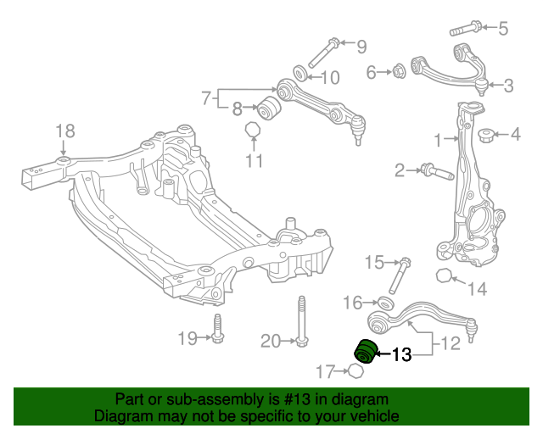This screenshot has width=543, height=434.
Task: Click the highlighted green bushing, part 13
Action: pyautogui.click(x=365, y=350)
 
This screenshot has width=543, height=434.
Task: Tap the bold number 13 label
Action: pyautogui.click(x=401, y=354)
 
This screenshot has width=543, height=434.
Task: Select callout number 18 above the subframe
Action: pyautogui.click(x=65, y=131)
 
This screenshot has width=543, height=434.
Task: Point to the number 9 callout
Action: pyautogui.click(x=361, y=46)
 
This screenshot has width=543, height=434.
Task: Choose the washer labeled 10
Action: pyautogui.click(x=301, y=70)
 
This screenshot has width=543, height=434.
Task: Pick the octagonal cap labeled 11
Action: pyautogui.click(x=252, y=131)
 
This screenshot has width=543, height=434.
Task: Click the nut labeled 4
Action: pyautogui.click(x=487, y=135)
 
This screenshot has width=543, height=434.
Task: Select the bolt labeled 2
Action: pyautogui.click(x=432, y=172)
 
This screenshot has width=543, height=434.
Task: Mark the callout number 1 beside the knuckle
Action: pyautogui.click(x=439, y=138)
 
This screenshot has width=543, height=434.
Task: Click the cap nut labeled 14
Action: pyautogui.click(x=443, y=275)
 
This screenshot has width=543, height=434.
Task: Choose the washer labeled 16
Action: pyautogui.click(x=384, y=303)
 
